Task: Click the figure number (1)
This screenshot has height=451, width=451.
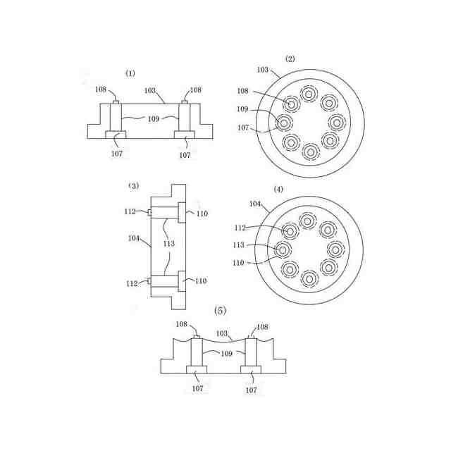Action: coord(130,73)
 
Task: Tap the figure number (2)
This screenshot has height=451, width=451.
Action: coord(290,58)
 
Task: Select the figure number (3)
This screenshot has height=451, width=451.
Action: coord(133,186)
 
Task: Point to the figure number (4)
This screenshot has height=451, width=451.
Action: coord(278,190)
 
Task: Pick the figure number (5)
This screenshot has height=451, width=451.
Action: coord(221,311)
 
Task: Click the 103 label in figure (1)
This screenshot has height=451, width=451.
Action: coord(150,91)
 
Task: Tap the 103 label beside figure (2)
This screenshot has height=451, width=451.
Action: coord(262,70)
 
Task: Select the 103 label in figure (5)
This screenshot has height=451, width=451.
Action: coord(222,333)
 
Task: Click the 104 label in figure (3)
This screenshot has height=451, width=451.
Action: coord(134,238)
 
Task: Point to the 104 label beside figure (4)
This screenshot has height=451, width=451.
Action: coord(255,204)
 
